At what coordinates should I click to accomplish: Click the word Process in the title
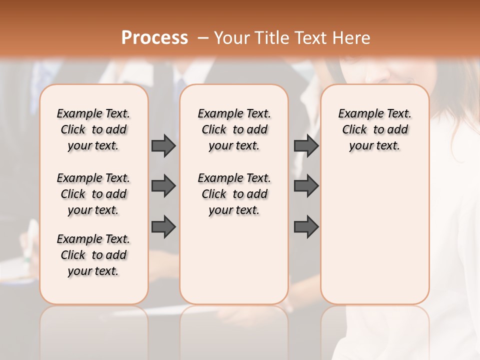coord(154,38)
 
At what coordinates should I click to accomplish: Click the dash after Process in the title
coord(202,38)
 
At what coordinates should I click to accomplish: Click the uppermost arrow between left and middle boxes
coord(163,145)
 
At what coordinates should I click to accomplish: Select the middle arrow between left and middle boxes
coord(163,186)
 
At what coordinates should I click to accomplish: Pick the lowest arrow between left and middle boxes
coord(163,226)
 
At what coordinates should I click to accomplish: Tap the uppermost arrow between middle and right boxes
coord(306,145)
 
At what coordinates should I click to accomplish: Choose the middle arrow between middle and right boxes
coord(306,186)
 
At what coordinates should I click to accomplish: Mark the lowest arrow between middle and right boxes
coord(306,226)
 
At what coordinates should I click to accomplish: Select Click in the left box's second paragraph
coord(73,194)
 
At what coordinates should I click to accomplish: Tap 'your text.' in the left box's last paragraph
coord(93,271)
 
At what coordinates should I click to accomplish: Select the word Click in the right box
coord(354,129)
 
